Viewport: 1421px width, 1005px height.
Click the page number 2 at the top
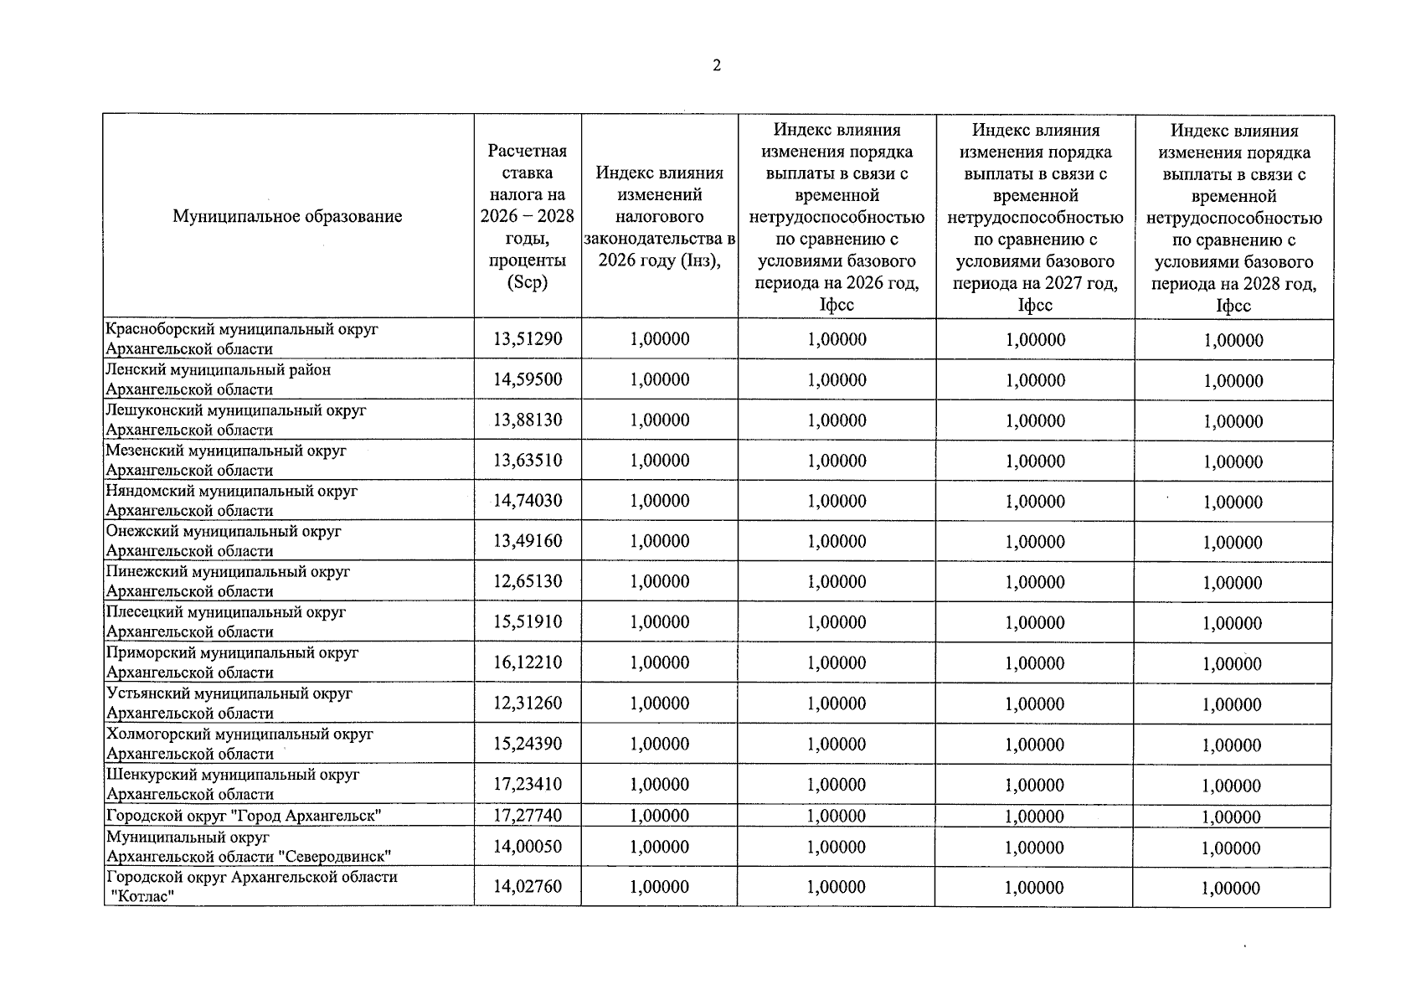coord(717,66)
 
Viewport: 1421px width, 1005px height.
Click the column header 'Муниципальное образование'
coord(287,217)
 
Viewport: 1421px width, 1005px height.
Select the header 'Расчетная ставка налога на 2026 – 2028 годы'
coord(528,216)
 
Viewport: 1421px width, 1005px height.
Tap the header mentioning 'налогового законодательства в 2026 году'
coord(660,216)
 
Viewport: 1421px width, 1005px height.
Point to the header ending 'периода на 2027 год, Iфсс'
coord(1035,217)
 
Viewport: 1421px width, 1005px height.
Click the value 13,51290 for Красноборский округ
coord(528,339)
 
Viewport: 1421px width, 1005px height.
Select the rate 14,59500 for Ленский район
coord(528,379)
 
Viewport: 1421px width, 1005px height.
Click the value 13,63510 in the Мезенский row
coord(528,461)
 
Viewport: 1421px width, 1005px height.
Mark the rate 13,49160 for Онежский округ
coord(528,541)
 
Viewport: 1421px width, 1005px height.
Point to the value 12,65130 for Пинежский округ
coord(528,581)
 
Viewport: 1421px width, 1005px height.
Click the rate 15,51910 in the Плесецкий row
coord(528,622)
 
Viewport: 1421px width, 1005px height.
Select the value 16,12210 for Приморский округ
coord(528,662)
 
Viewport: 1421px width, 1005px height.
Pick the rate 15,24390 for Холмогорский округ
coord(528,744)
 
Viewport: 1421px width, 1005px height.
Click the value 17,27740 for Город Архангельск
coord(528,816)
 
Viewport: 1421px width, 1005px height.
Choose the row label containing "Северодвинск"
coord(249,847)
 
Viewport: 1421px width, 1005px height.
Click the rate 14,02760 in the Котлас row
coord(528,887)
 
